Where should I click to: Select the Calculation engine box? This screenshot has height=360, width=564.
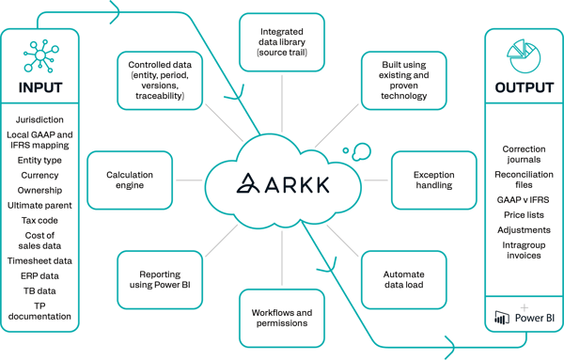(x=129, y=180)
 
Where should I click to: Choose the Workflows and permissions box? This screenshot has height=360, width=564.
(x=282, y=317)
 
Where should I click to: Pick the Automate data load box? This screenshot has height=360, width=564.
(x=403, y=279)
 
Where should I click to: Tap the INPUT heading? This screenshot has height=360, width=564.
(x=39, y=88)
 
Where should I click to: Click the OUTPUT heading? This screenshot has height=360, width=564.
(x=524, y=88)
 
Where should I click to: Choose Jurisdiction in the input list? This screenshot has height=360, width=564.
(x=39, y=120)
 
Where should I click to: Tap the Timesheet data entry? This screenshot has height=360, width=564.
(x=39, y=261)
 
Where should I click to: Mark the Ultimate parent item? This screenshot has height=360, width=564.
(x=39, y=205)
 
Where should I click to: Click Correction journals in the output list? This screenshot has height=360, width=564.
(x=524, y=154)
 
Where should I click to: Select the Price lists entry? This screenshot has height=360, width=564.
(x=524, y=215)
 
